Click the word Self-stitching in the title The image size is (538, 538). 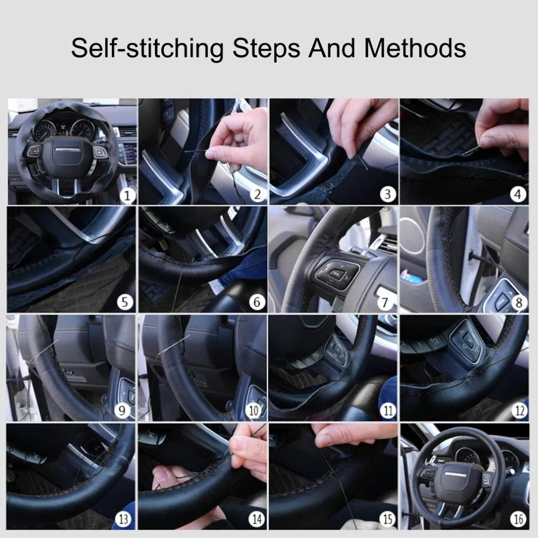click(147, 48)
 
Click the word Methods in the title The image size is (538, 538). click(415, 48)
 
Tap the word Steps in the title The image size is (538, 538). click(266, 48)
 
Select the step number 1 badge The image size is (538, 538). click(127, 195)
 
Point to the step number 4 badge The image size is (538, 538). click(518, 195)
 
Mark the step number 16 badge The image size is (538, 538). click(518, 519)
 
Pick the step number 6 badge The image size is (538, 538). click(256, 303)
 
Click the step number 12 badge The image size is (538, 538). click(518, 412)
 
